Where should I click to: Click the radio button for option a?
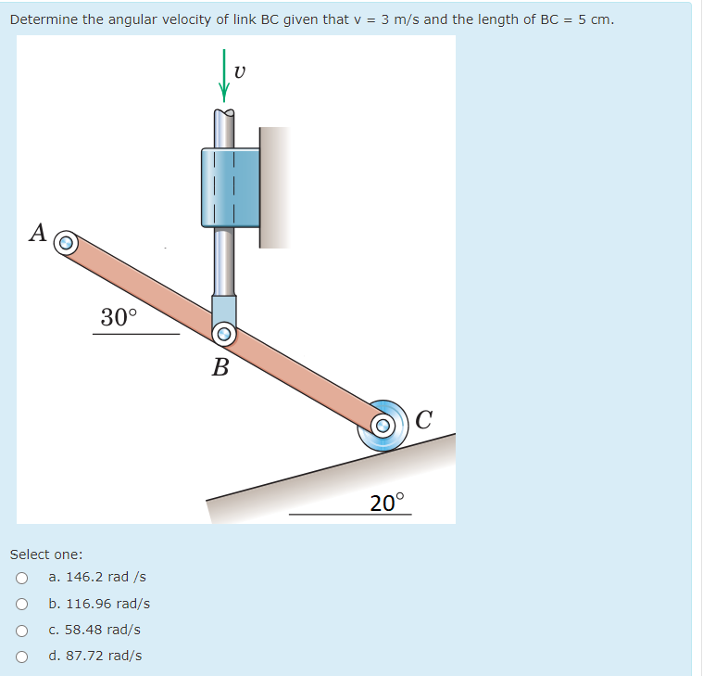(x=20, y=578)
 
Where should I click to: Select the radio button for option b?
(x=20, y=604)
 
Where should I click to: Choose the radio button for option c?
(x=20, y=630)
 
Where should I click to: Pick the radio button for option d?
(x=20, y=656)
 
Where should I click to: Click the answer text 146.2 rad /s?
(x=97, y=577)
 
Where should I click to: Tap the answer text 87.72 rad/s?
(x=95, y=656)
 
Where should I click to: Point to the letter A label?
(x=38, y=232)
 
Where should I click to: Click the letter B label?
(x=220, y=367)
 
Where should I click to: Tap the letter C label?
(x=424, y=419)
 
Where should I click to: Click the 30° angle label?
(x=119, y=317)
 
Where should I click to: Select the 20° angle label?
(x=387, y=503)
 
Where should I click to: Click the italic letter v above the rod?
(x=240, y=71)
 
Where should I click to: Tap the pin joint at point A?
(x=65, y=244)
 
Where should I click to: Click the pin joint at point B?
(x=223, y=334)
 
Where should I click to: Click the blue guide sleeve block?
(x=230, y=187)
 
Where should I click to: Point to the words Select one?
(x=46, y=555)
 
